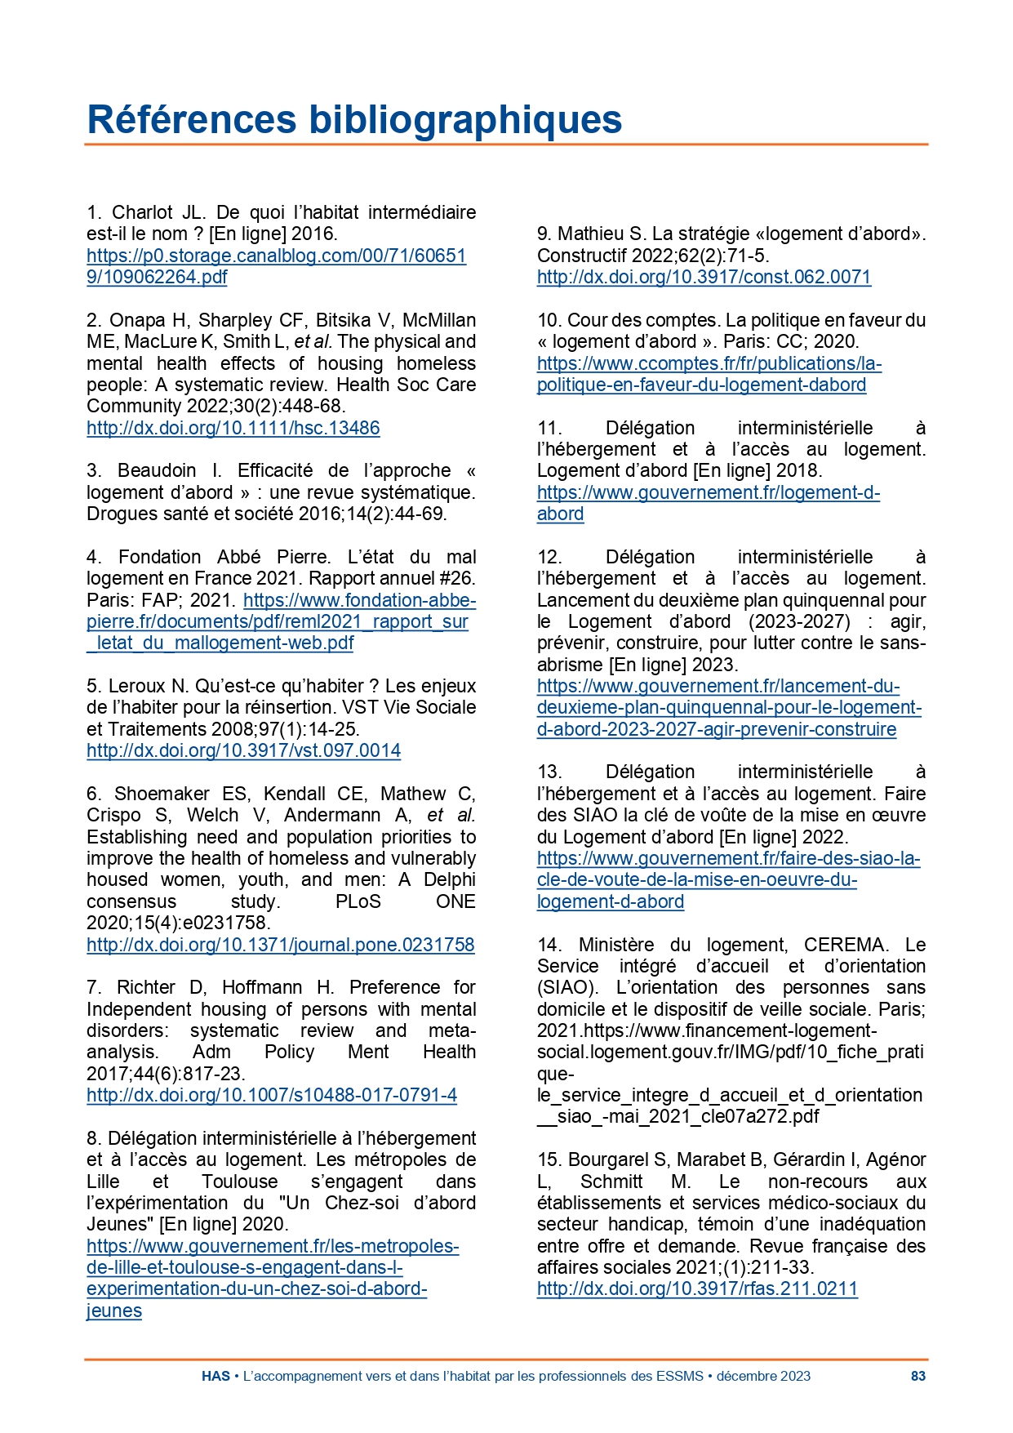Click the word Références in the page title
(191, 119)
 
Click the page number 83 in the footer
(917, 1376)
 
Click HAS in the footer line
(215, 1376)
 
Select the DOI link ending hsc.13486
(233, 428)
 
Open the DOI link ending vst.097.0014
(243, 750)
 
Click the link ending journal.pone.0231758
(280, 945)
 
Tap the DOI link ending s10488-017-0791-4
(271, 1095)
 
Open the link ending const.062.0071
(704, 277)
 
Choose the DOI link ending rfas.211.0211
(697, 1288)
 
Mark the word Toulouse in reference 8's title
(239, 1182)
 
